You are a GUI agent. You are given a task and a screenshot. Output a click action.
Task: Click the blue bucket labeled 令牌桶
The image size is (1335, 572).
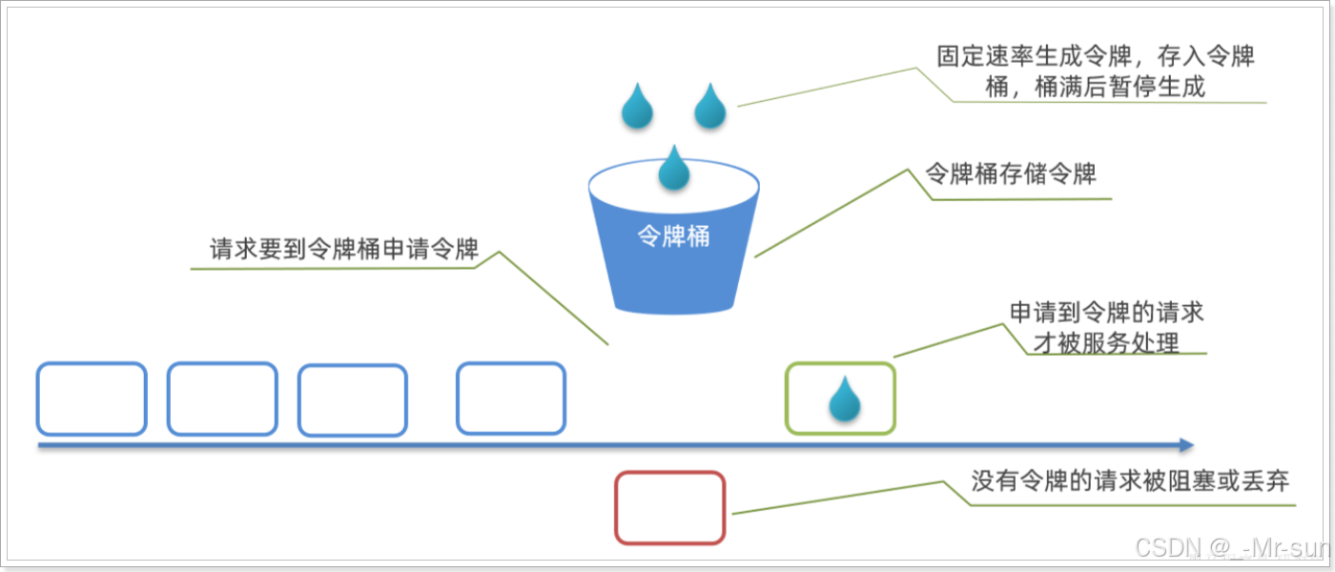[674, 267]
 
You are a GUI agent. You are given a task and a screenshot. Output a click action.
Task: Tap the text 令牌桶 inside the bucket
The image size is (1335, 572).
[673, 236]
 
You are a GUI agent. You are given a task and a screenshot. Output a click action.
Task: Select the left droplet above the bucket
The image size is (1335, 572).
[637, 106]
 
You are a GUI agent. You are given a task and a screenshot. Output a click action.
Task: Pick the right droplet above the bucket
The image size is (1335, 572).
[709, 106]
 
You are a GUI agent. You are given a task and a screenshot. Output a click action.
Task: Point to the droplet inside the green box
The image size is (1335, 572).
[843, 399]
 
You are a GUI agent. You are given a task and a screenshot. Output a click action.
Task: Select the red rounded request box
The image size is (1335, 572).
[669, 508]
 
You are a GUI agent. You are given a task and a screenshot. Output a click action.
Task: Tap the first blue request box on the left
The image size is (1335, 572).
[92, 398]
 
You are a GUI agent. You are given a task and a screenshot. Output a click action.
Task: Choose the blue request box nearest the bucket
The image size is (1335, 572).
[510, 398]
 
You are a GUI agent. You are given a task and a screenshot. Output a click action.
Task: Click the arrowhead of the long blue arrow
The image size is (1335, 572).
[1185, 445]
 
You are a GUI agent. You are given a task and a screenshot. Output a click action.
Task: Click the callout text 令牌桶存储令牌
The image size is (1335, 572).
[1011, 174]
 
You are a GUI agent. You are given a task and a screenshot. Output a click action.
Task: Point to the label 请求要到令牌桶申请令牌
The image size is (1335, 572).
[343, 250]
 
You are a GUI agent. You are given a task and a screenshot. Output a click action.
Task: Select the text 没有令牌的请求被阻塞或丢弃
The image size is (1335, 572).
[1130, 481]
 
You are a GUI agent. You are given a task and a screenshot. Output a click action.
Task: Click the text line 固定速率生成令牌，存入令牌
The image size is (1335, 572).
[1096, 56]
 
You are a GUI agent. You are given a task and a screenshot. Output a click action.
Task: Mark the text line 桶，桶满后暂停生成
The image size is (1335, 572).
[1096, 87]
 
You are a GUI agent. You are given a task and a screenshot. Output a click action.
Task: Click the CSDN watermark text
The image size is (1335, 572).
[1231, 547]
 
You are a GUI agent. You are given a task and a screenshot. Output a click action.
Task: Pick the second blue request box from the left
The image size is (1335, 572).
[222, 398]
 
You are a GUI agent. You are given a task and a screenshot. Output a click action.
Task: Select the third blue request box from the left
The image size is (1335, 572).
[353, 400]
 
